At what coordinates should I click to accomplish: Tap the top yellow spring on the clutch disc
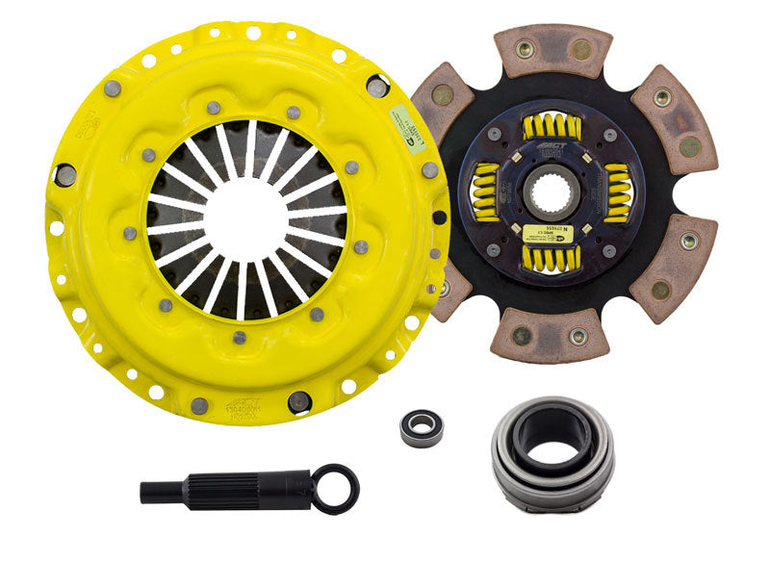coord(552,126)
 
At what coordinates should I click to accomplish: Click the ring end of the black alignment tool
coord(336,487)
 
